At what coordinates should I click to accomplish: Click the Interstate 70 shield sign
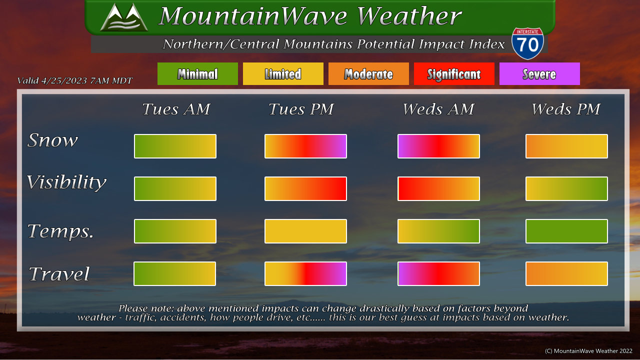point(527,43)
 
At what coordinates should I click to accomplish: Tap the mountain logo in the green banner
point(124,17)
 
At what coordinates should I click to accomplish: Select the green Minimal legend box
point(197,73)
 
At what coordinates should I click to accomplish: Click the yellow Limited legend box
point(283,73)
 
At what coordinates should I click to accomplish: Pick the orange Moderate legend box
point(368,73)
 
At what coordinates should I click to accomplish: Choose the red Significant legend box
point(454,73)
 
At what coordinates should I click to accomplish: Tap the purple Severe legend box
point(539,73)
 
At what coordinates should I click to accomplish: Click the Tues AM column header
point(176,109)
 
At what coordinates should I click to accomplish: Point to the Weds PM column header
point(565,109)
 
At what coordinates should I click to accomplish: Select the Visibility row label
point(66,182)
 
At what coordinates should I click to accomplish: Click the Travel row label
point(59,274)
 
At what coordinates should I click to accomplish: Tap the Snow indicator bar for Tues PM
point(305,146)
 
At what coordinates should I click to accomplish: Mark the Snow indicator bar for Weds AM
point(438,146)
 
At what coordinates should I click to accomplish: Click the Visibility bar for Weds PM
point(566,188)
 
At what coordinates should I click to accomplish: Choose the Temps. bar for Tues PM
point(305,231)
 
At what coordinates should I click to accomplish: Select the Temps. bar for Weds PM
point(566,231)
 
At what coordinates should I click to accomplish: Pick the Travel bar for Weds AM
point(438,273)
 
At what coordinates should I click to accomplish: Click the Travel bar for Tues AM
point(175,273)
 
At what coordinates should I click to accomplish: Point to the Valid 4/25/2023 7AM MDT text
point(75,80)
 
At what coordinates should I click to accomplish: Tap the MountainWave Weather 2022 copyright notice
point(588,351)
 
